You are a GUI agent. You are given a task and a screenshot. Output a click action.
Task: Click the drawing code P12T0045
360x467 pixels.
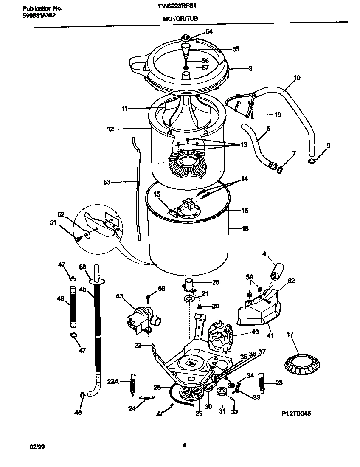click(295, 413)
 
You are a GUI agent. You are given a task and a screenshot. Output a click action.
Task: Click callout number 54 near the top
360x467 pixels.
click(209, 31)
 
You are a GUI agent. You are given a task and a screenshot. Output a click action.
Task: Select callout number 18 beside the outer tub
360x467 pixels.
click(245, 228)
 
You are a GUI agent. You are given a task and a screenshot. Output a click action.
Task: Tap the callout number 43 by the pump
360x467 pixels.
click(119, 295)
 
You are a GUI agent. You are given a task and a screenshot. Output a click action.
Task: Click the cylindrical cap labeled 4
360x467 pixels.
click(277, 270)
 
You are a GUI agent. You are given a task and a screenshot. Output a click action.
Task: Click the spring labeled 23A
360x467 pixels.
click(132, 385)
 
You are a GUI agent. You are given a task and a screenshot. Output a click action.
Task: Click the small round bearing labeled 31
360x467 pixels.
click(221, 391)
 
